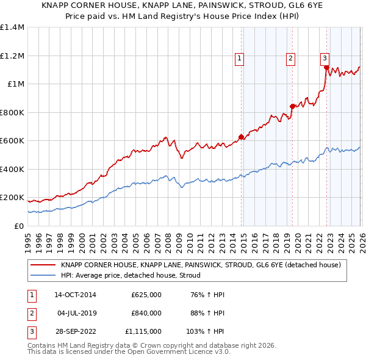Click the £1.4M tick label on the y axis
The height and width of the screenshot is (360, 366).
point(12,27)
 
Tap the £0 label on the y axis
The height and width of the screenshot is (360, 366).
point(18,226)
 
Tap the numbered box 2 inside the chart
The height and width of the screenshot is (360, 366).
point(290,59)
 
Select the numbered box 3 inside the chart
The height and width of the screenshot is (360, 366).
point(325,59)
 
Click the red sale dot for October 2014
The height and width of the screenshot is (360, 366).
point(241,137)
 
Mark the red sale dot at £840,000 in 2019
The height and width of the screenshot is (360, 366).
point(292,106)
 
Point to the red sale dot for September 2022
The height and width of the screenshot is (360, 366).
point(327,68)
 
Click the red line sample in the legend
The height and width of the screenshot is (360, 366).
point(43,265)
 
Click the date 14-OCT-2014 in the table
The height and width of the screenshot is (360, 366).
point(76,295)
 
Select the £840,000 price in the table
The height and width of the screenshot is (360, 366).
point(146,313)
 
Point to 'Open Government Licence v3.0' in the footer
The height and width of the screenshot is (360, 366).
point(182,352)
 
